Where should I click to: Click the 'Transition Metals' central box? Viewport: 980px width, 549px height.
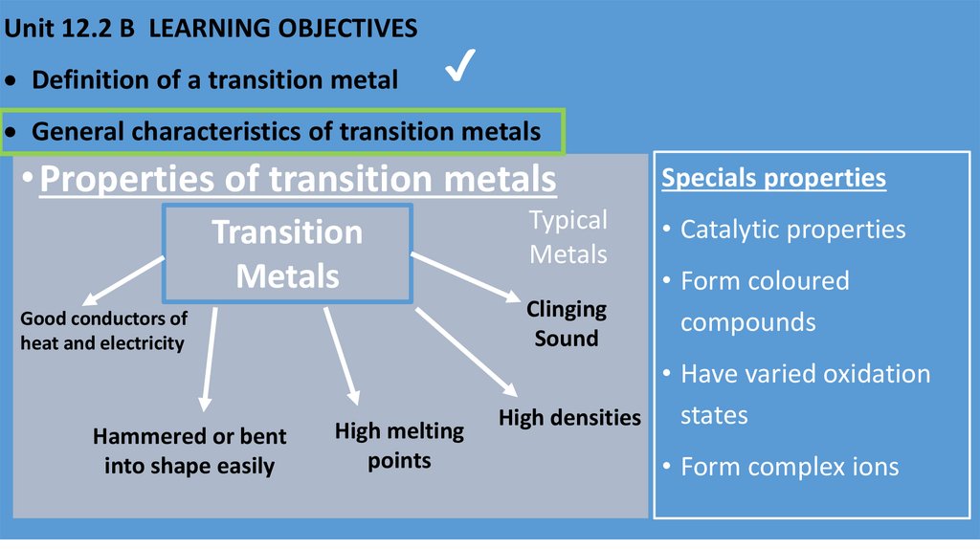pyautogui.click(x=287, y=253)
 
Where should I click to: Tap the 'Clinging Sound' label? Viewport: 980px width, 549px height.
pyautogui.click(x=567, y=323)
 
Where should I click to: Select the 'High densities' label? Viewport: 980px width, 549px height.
pyautogui.click(x=569, y=417)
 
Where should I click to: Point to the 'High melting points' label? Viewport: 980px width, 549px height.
pyautogui.click(x=399, y=446)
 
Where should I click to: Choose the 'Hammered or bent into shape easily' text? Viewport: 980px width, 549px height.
pyautogui.click(x=189, y=451)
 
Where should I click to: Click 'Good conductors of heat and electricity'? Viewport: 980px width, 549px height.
pyautogui.click(x=103, y=330)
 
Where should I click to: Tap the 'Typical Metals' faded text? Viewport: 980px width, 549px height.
pyautogui.click(x=568, y=237)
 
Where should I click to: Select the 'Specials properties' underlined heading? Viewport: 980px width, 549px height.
pyautogui.click(x=773, y=178)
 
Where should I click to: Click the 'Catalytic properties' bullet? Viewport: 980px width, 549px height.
pyautogui.click(x=792, y=230)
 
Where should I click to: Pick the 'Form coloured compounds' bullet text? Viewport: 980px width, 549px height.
pyautogui.click(x=764, y=301)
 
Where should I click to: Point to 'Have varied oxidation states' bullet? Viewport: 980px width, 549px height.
pyautogui.click(x=804, y=393)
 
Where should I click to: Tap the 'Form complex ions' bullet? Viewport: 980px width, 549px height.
pyautogui.click(x=790, y=467)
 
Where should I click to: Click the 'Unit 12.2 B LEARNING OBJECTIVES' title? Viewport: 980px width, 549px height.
pyautogui.click(x=212, y=29)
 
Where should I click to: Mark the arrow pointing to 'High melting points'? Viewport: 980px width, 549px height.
pyautogui.click(x=342, y=354)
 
